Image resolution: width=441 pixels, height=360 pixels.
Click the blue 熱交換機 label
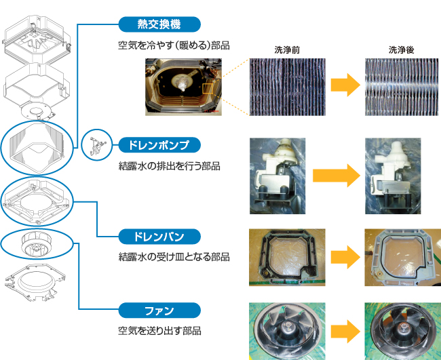tap(159, 25)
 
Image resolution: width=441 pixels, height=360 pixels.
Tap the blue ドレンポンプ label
tap(159, 144)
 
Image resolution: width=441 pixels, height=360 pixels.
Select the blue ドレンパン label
tap(159, 237)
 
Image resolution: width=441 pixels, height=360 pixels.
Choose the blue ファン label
tap(159, 311)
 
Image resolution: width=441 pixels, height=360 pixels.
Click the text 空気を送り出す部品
tap(159, 332)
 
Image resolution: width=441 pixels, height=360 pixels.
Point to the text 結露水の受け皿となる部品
tap(174, 258)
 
